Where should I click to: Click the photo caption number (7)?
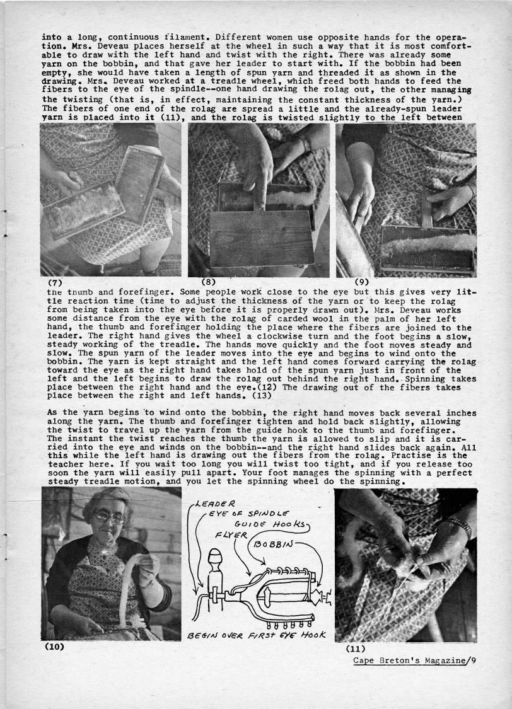[54, 282]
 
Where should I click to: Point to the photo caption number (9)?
[362, 282]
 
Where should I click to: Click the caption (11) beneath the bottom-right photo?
[357, 647]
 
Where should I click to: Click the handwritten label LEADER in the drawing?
[216, 503]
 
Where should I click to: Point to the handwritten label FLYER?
[229, 536]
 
